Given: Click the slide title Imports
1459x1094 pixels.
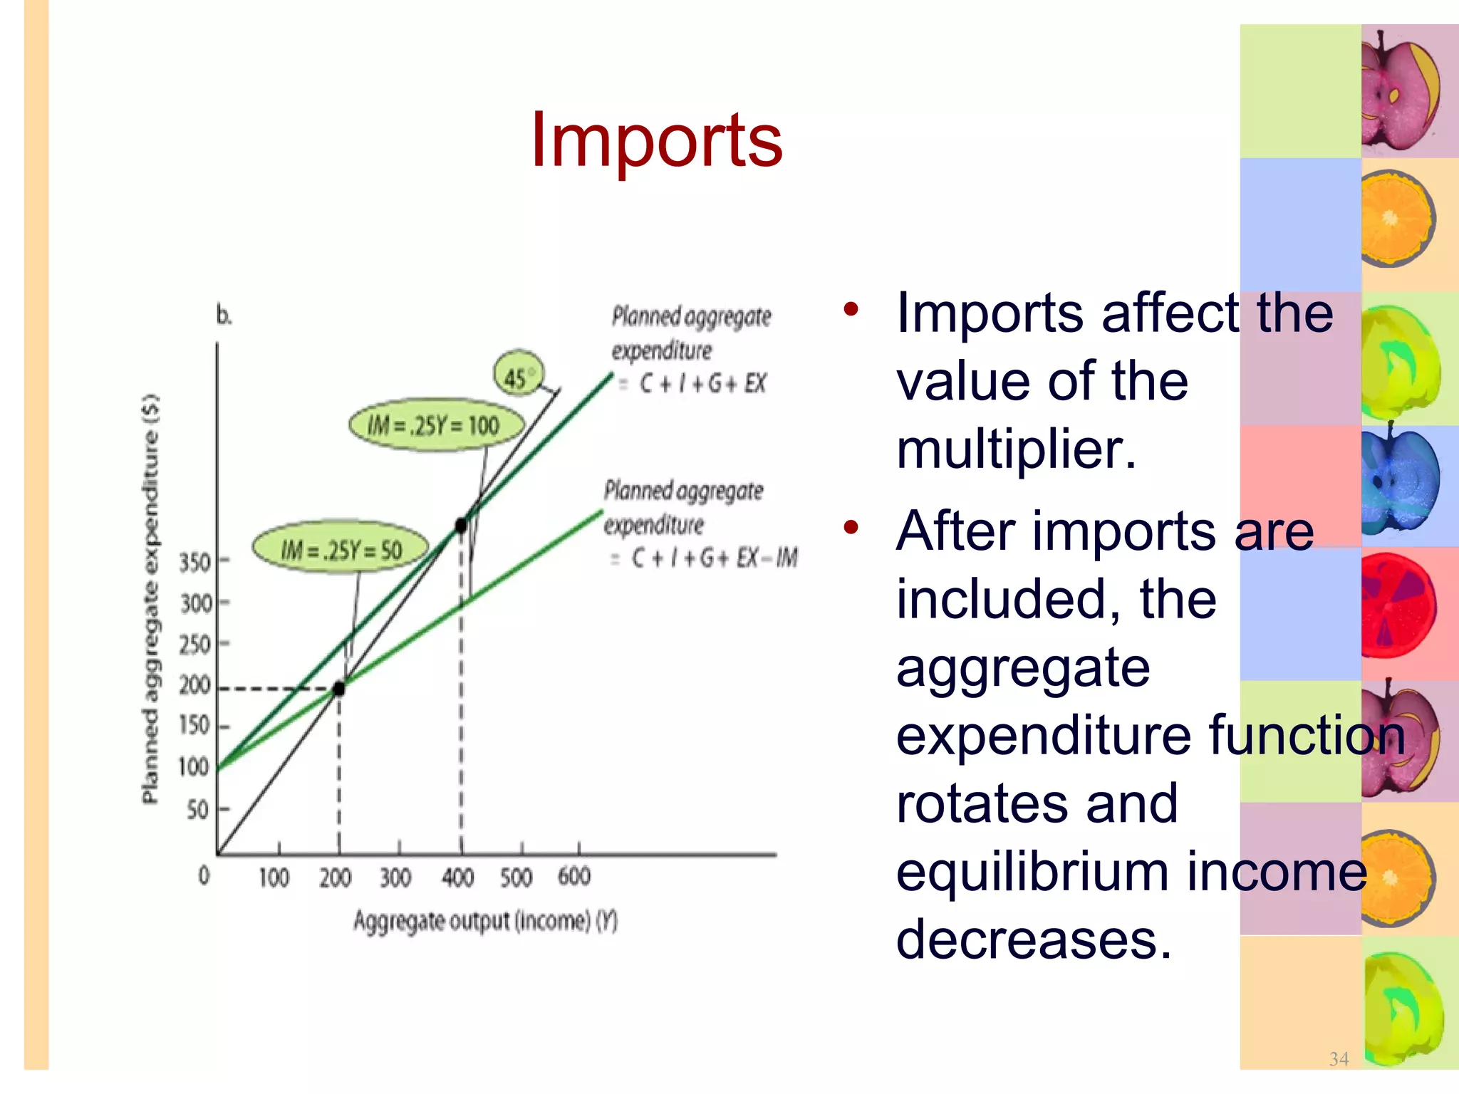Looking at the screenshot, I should (x=656, y=140).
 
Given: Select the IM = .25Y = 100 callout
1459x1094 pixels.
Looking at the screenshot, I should (x=435, y=425).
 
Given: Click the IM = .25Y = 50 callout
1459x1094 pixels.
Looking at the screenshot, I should (x=341, y=549).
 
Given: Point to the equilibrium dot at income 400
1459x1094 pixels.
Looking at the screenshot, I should (x=461, y=526).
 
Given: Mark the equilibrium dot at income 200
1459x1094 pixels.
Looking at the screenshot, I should (x=339, y=688).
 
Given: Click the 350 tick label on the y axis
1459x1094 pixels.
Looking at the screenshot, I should (x=194, y=562).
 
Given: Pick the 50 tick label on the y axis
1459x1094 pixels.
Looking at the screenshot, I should (x=197, y=809).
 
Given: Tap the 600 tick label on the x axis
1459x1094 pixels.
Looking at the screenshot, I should (x=574, y=876).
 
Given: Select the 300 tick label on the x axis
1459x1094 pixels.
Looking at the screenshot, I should (x=395, y=877).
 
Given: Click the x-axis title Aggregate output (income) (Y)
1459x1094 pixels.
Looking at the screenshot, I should (x=485, y=921).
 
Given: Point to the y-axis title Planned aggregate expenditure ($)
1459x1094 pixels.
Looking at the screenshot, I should (x=150, y=599).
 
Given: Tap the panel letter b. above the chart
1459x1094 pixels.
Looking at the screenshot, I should (x=224, y=315).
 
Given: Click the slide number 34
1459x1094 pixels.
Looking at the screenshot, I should (x=1339, y=1059).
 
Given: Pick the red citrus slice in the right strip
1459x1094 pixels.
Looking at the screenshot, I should (x=1398, y=606).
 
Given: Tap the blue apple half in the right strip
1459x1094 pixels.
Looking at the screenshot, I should (x=1398, y=482).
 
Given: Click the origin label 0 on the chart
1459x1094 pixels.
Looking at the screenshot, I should (x=204, y=875).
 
